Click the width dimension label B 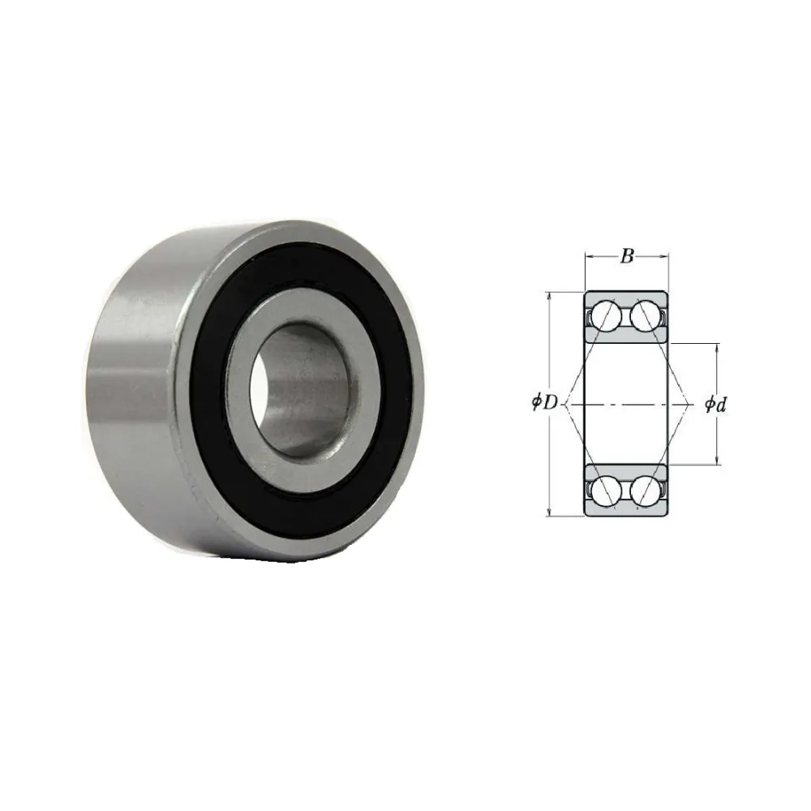(x=627, y=256)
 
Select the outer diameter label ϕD (x=545, y=402)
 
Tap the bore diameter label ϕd (x=715, y=405)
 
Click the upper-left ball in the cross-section (x=606, y=316)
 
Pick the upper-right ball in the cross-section (x=646, y=316)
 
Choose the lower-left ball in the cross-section (x=606, y=491)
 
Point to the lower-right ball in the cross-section (x=646, y=491)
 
